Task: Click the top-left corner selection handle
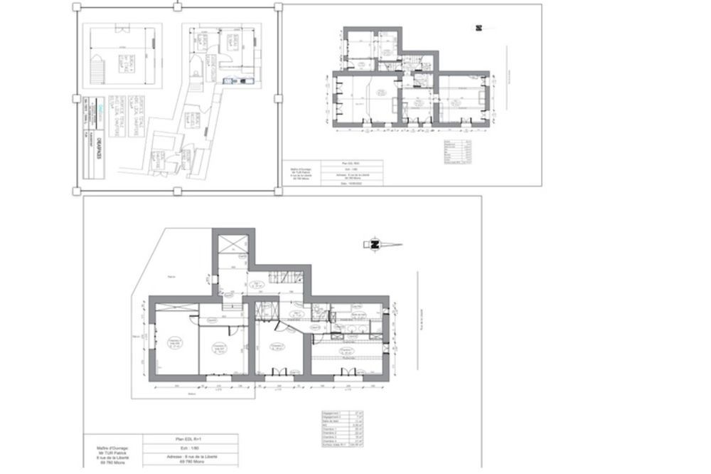(76, 6)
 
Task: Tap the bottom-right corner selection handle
(279, 191)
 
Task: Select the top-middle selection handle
(177, 6)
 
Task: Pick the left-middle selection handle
(76, 98)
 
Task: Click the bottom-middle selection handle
(177, 191)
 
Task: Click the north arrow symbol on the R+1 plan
(381, 245)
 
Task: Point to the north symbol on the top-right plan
(479, 28)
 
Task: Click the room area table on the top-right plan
(457, 152)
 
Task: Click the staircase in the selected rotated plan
(96, 70)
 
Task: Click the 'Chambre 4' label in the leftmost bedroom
(174, 342)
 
